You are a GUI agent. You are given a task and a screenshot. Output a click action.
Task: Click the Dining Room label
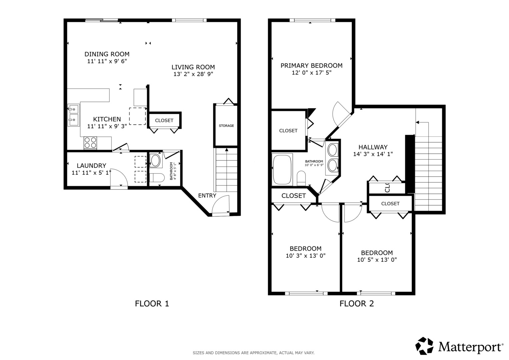(x=107, y=54)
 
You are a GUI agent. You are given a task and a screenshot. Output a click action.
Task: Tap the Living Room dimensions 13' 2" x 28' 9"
(x=193, y=74)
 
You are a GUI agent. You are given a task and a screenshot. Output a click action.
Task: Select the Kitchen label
(x=107, y=119)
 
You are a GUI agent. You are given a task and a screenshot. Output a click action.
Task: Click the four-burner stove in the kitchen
(x=90, y=143)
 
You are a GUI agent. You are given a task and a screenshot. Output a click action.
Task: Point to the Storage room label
(x=226, y=126)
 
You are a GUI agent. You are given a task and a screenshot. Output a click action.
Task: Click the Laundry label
(x=91, y=165)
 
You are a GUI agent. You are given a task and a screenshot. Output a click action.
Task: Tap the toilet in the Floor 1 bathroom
(x=157, y=178)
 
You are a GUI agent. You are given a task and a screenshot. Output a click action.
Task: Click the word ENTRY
(x=207, y=195)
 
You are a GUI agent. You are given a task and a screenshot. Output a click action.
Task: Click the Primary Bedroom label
(x=311, y=66)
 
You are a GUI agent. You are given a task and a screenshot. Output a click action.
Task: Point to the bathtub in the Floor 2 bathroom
(x=282, y=169)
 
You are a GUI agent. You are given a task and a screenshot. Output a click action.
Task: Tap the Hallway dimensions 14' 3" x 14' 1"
(x=373, y=154)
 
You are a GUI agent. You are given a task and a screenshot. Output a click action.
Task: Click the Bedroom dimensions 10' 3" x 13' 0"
(x=305, y=256)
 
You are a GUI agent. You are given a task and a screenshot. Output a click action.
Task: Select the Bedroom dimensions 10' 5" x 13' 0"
(x=377, y=260)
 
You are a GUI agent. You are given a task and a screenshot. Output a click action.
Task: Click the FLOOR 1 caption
(x=152, y=304)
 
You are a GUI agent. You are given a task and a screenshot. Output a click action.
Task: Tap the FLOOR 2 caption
(x=357, y=304)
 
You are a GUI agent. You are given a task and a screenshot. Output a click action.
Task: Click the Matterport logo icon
(x=424, y=346)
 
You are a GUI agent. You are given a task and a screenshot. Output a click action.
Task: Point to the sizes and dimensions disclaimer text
(x=254, y=353)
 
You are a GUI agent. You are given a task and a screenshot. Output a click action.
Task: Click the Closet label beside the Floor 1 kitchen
(x=164, y=120)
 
